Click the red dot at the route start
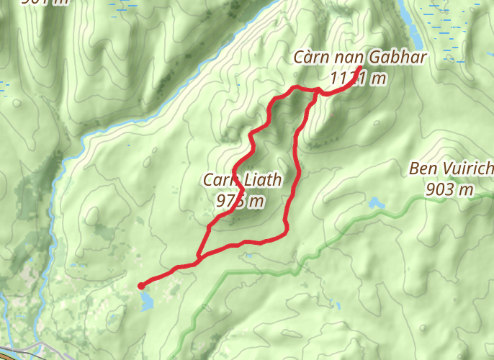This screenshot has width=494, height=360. point(141,286)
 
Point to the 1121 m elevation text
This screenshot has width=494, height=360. point(358,78)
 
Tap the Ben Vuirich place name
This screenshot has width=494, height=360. point(451,169)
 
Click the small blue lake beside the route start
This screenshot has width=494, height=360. point(147,301)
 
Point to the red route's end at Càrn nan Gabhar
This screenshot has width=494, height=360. point(359,68)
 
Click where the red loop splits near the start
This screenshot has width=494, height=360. point(198,256)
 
